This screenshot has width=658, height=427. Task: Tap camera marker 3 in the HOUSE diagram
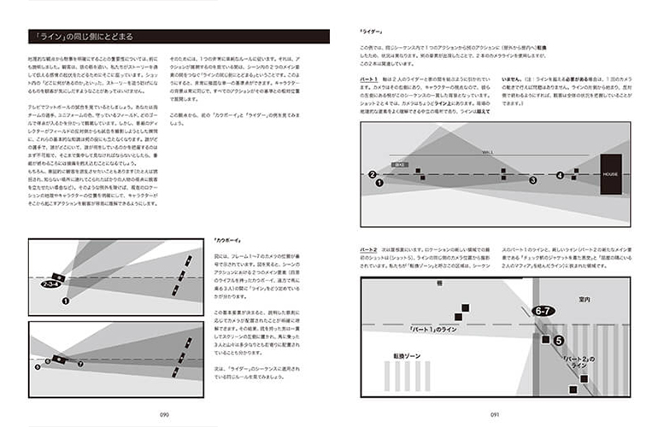pyautogui.click(x=532, y=180)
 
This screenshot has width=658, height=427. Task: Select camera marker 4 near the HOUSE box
pyautogui.click(x=561, y=175)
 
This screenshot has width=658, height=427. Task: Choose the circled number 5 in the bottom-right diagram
pyautogui.click(x=556, y=340)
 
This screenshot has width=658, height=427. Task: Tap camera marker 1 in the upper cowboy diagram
pyautogui.click(x=65, y=301)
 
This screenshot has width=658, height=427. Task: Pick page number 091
pyautogui.click(x=494, y=413)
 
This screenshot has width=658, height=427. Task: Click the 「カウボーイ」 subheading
pyautogui.click(x=225, y=243)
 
